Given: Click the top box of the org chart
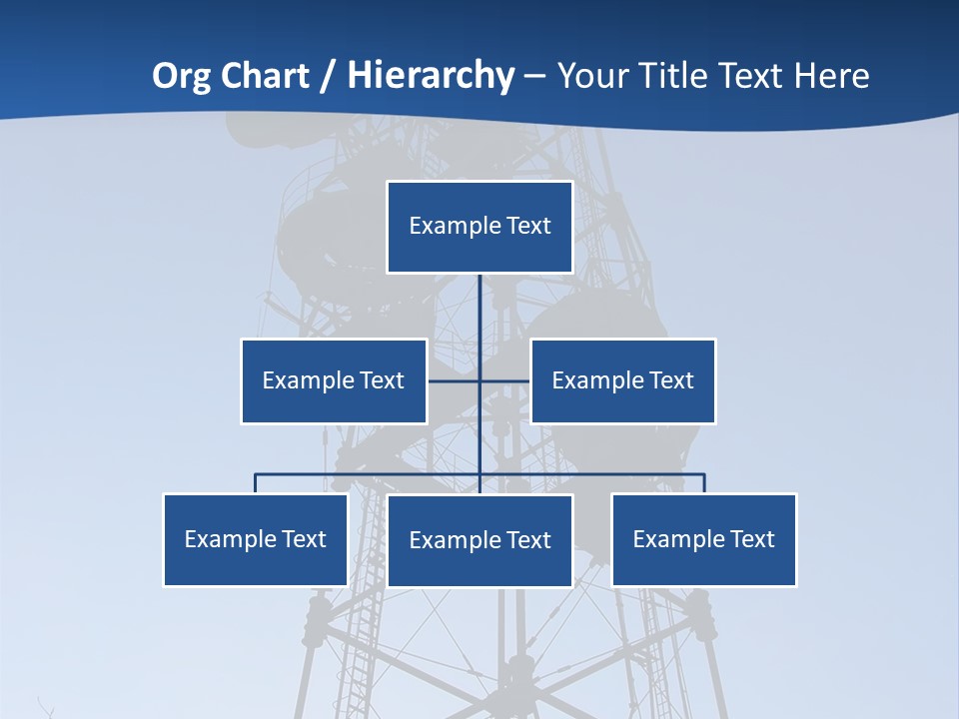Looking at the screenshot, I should pyautogui.click(x=479, y=227).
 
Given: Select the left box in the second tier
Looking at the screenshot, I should pyautogui.click(x=334, y=380).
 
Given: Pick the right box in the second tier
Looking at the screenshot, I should pyautogui.click(x=622, y=380).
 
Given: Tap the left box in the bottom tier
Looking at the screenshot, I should pyautogui.click(x=255, y=539).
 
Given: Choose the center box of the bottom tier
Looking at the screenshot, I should pyautogui.click(x=479, y=540).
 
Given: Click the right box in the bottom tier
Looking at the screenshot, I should pyautogui.click(x=703, y=539).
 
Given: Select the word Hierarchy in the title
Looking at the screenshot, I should pyautogui.click(x=431, y=76).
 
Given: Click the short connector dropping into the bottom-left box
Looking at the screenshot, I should pyautogui.click(x=255, y=483).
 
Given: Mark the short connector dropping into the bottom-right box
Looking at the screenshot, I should pyautogui.click(x=704, y=483).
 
